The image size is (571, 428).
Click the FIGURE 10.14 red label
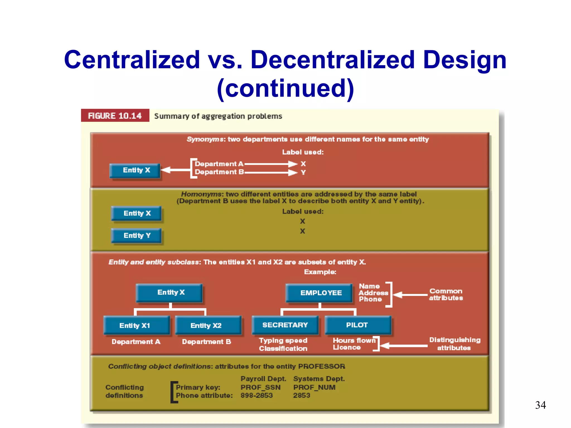pyautogui.click(x=115, y=116)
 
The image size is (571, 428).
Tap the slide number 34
pyautogui.click(x=540, y=405)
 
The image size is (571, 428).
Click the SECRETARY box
pyautogui.click(x=285, y=325)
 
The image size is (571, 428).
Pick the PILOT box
pyautogui.click(x=357, y=325)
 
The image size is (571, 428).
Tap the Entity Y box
pyautogui.click(x=137, y=235)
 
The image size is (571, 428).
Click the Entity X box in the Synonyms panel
pyautogui.click(x=136, y=170)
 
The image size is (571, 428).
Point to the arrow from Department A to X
pyautogui.click(x=270, y=164)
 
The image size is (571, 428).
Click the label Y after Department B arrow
pyautogui.click(x=303, y=173)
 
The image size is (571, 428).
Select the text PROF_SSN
pyautogui.click(x=260, y=387)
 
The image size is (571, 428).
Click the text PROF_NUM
pyautogui.click(x=314, y=387)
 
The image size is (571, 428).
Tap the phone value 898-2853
pyautogui.click(x=257, y=395)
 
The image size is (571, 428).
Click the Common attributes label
pyautogui.click(x=446, y=295)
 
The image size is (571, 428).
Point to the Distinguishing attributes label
pyautogui.click(x=454, y=344)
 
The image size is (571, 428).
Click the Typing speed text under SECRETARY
pyautogui.click(x=283, y=341)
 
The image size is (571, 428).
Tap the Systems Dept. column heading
pyautogui.click(x=319, y=379)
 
